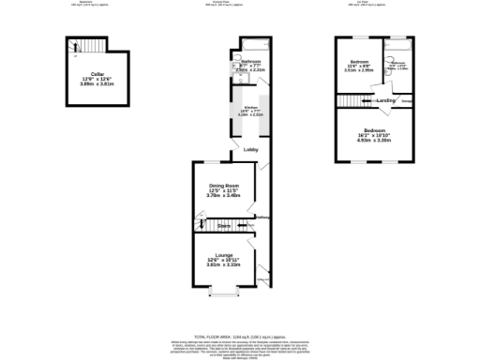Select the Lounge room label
(x=224, y=254)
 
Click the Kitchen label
(x=250, y=108)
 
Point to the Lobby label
(x=250, y=150)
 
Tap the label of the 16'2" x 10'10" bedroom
(x=375, y=129)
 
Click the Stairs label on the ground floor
(x=224, y=226)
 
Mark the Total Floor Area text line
(x=239, y=336)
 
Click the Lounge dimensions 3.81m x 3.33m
(x=224, y=265)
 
